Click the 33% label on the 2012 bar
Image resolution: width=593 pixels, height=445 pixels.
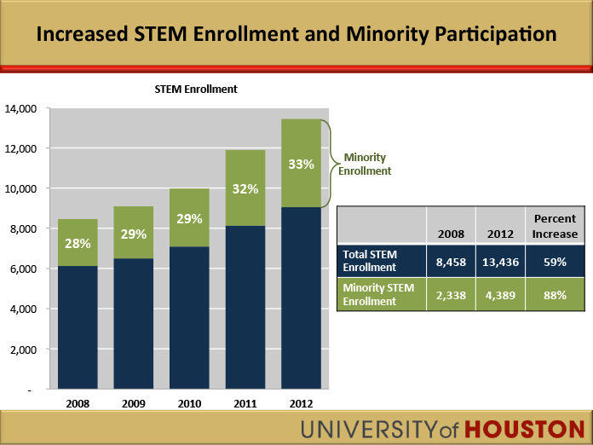click(x=301, y=164)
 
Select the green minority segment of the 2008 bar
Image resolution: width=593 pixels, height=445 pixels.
click(x=78, y=243)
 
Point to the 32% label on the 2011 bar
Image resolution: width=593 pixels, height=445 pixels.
click(x=245, y=189)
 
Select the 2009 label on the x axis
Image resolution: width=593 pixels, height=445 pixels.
click(x=133, y=403)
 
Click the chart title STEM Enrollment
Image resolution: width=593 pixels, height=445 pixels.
click(x=195, y=90)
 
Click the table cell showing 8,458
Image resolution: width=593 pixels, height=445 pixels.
click(x=450, y=262)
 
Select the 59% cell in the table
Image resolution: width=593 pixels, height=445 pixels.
click(x=556, y=262)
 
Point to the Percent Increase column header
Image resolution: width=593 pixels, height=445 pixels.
click(x=556, y=226)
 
